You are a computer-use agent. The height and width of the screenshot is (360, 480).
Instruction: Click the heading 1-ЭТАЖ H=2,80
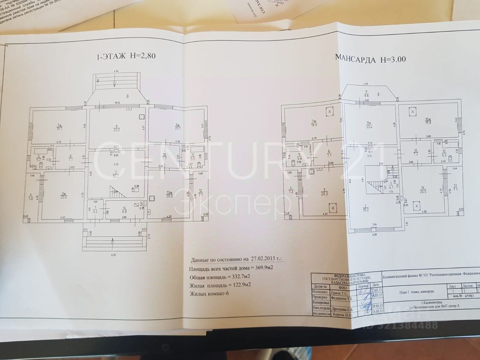pos(126,56)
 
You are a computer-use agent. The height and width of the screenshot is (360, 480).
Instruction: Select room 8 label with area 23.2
pos(117,127)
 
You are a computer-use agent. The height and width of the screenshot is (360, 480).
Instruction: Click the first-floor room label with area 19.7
pos(59,127)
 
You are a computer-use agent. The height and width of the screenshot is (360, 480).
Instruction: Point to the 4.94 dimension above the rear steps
pos(116,71)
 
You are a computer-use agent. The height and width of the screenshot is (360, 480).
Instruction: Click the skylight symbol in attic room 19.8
pos(412,112)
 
